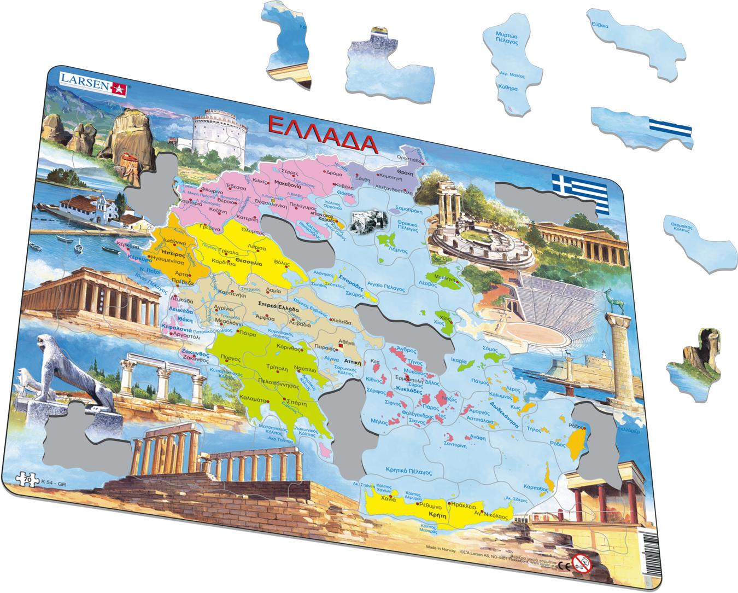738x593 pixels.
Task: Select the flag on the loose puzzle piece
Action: click(x=669, y=130)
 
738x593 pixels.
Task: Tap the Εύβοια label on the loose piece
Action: click(x=596, y=25)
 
